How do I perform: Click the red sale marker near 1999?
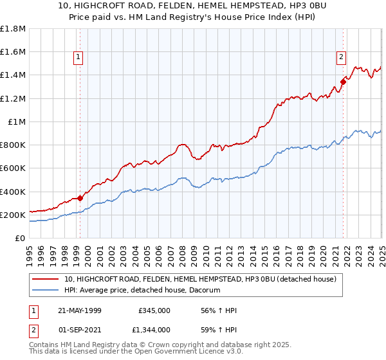click(80, 198)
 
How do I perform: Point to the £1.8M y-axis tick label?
click(13, 29)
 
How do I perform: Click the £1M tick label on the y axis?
click(17, 122)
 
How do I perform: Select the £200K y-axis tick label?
click(13, 215)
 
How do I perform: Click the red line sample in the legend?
click(46, 279)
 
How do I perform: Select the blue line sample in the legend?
click(46, 291)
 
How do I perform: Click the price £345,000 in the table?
click(154, 310)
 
